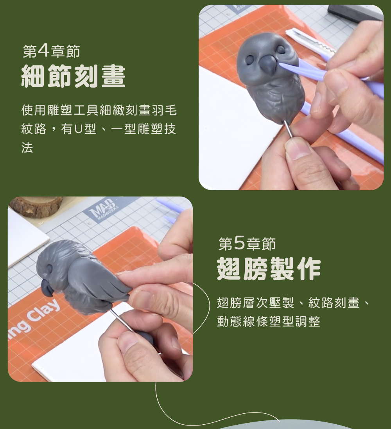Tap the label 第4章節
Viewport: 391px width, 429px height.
tap(51, 51)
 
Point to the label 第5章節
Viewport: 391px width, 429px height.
tap(247, 243)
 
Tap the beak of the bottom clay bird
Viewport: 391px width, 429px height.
tap(47, 288)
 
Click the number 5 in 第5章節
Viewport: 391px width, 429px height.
tap(239, 243)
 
